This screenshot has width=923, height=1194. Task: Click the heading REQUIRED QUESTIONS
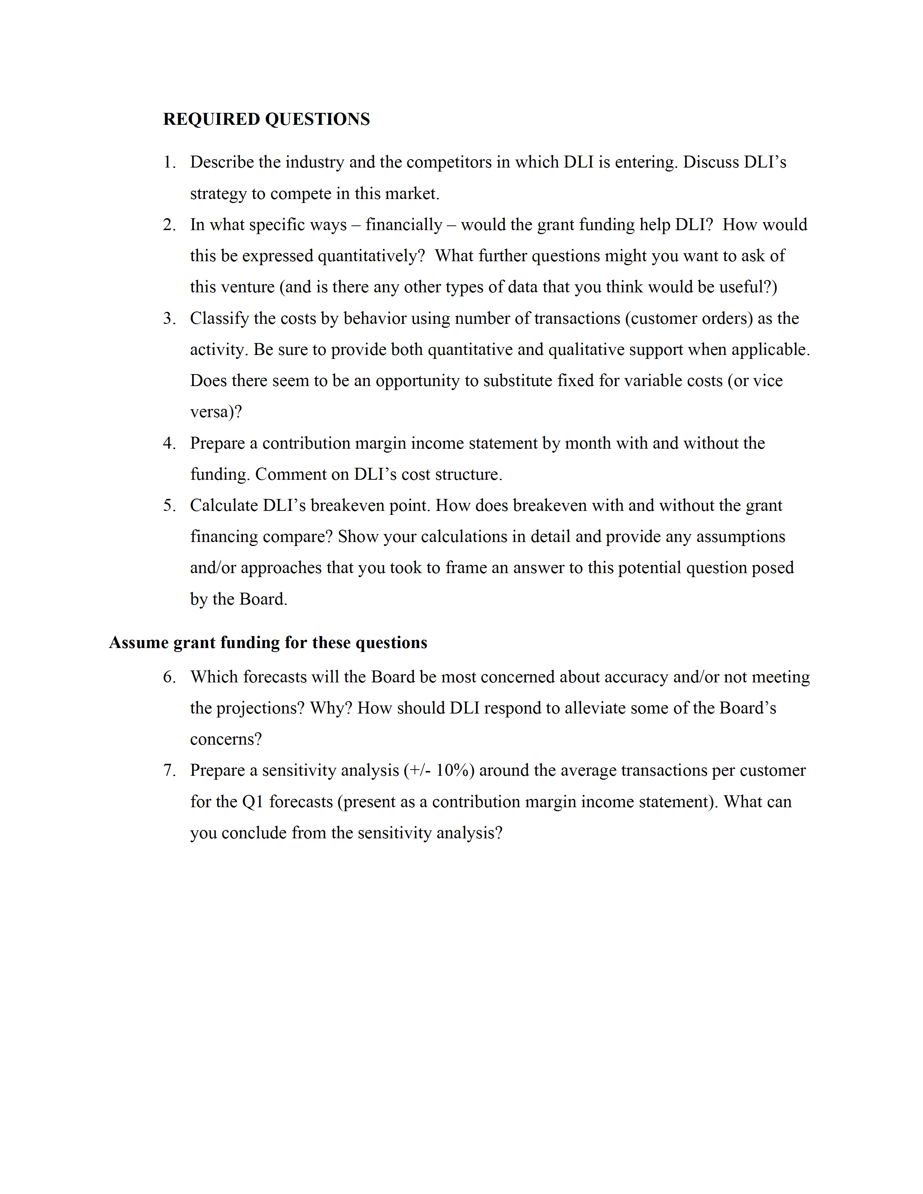[266, 119]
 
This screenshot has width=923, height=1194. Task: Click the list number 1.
[169, 162]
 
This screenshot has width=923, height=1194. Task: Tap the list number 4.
[169, 443]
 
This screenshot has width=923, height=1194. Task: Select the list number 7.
[169, 771]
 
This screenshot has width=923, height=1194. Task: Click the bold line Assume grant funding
[268, 642]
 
